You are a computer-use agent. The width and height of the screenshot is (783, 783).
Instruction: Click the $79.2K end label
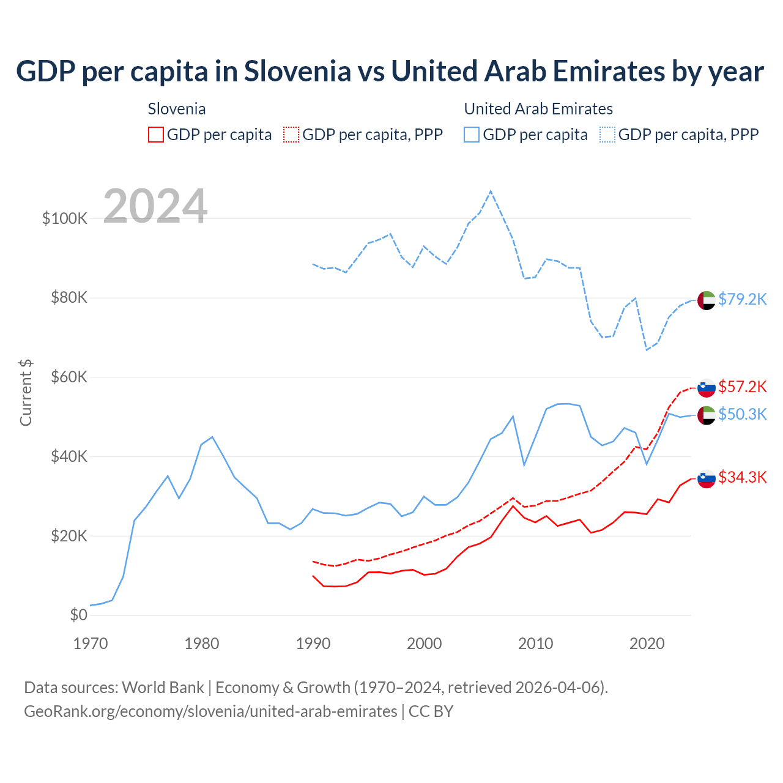coord(742,299)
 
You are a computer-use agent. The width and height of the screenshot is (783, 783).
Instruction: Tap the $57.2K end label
coord(742,387)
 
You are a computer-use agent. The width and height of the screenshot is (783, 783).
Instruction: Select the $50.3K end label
coord(742,414)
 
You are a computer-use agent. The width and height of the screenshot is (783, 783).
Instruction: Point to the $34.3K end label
coord(742,477)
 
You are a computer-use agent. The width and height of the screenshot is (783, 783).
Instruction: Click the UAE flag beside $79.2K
coord(707,300)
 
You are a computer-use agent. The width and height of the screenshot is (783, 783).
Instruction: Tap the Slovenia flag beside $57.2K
coord(707,388)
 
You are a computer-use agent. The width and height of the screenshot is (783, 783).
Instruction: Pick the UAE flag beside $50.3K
coord(707,415)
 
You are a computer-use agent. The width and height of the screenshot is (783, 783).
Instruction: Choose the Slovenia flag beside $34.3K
coord(707,478)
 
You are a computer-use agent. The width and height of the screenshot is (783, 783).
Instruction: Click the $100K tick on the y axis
coord(65,218)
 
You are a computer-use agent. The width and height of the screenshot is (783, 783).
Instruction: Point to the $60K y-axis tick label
coord(69,377)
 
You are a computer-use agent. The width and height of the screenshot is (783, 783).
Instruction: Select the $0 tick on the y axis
coord(78,615)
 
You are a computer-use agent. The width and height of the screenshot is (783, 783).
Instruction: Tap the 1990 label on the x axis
coord(313,644)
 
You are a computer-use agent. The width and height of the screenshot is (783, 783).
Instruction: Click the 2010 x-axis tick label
coord(536,644)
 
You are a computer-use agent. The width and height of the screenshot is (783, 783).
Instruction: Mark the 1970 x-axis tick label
coord(91,644)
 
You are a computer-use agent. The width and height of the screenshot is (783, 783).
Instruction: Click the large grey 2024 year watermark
coord(155,206)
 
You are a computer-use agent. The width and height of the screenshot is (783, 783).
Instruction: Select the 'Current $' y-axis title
coord(26,393)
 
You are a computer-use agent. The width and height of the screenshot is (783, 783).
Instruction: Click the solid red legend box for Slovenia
coord(156,135)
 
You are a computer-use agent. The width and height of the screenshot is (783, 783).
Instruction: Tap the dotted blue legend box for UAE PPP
coord(607,135)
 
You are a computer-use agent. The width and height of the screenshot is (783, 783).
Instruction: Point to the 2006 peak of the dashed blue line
coord(491,191)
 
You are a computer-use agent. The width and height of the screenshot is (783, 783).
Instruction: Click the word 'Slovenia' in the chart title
coord(297,71)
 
